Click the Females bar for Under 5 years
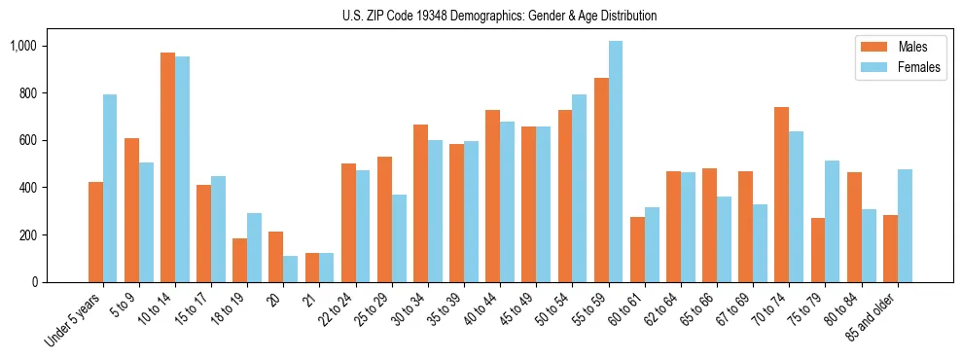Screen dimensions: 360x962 [x=110, y=188]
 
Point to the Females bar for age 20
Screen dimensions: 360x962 [x=291, y=269]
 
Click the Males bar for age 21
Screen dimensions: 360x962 [x=312, y=268]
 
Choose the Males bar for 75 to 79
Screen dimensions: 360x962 [x=818, y=250]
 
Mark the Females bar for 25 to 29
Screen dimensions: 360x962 [x=399, y=238]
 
